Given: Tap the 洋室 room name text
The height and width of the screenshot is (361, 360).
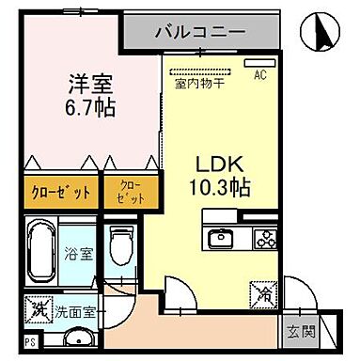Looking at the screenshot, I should tap(90, 82).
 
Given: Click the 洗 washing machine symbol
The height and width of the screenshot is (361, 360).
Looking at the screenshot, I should tap(40, 306).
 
